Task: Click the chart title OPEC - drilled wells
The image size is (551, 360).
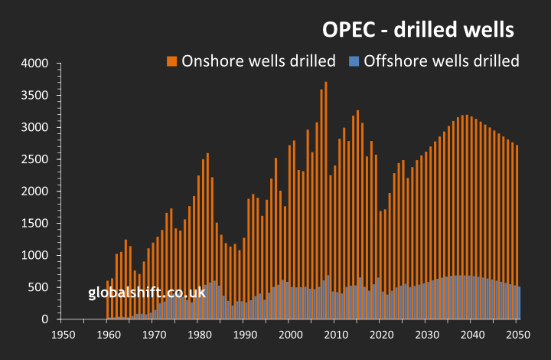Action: [416, 31]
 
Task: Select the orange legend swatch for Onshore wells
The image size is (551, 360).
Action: [172, 61]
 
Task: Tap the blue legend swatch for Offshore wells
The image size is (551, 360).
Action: [354, 61]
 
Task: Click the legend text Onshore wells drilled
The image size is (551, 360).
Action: [259, 61]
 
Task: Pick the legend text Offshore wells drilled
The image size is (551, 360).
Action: [442, 61]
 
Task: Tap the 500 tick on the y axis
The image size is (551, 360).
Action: [40, 287]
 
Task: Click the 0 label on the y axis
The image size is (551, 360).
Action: [47, 319]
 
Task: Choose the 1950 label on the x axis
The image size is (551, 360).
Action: [63, 335]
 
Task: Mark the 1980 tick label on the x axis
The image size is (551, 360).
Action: [199, 335]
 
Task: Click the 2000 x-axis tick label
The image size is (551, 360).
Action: [290, 335]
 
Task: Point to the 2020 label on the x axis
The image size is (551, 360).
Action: [381, 335]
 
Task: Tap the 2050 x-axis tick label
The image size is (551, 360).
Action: [517, 335]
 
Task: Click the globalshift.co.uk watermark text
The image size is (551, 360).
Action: [147, 293]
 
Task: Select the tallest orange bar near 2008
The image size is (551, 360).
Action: [326, 176]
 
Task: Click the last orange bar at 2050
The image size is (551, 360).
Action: [517, 214]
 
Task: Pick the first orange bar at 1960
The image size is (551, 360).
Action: [108, 295]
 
